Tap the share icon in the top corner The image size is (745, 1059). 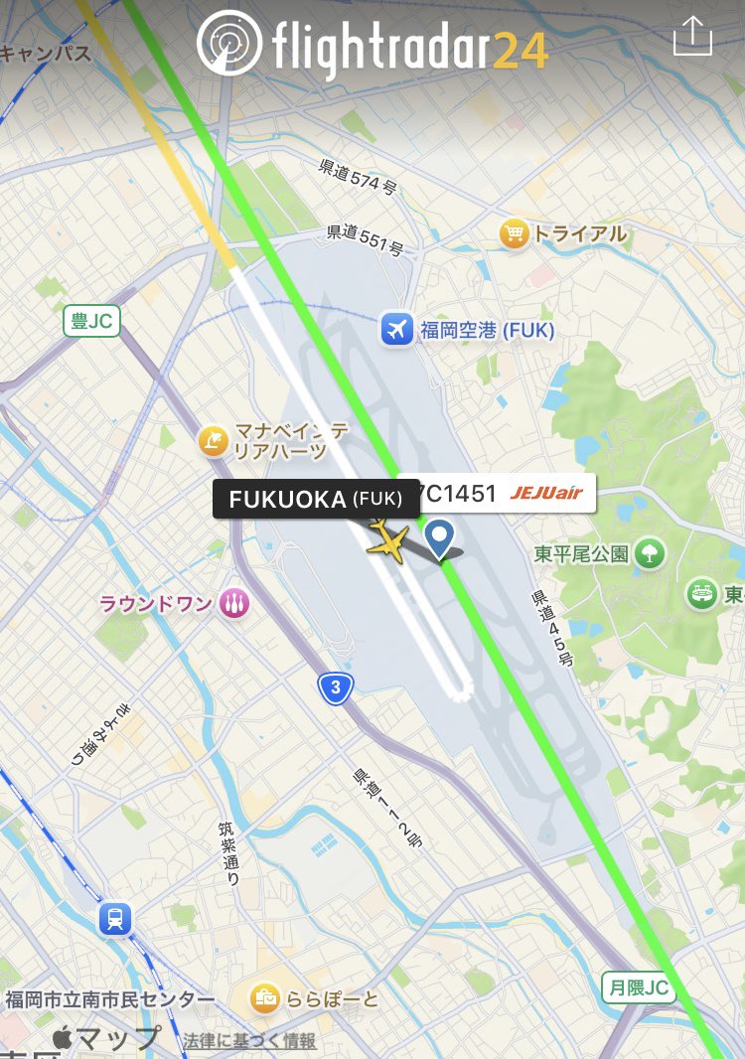[x=692, y=38]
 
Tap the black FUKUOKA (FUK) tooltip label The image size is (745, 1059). [x=316, y=499]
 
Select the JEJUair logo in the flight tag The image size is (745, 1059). [x=546, y=492]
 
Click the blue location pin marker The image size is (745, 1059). [x=439, y=537]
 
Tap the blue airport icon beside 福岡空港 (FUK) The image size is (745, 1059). [x=396, y=329]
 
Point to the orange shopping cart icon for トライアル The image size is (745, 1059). [x=514, y=234]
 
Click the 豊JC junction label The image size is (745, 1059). [x=92, y=321]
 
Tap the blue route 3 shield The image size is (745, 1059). [x=336, y=686]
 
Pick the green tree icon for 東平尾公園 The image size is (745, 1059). [x=651, y=552]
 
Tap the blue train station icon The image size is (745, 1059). [x=114, y=919]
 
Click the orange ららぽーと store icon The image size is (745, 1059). [x=264, y=997]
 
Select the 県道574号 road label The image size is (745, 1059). [x=359, y=176]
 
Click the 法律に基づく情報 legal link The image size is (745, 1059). [x=249, y=1040]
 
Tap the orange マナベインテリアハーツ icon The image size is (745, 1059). [x=214, y=439]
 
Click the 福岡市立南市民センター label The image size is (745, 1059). [x=109, y=999]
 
